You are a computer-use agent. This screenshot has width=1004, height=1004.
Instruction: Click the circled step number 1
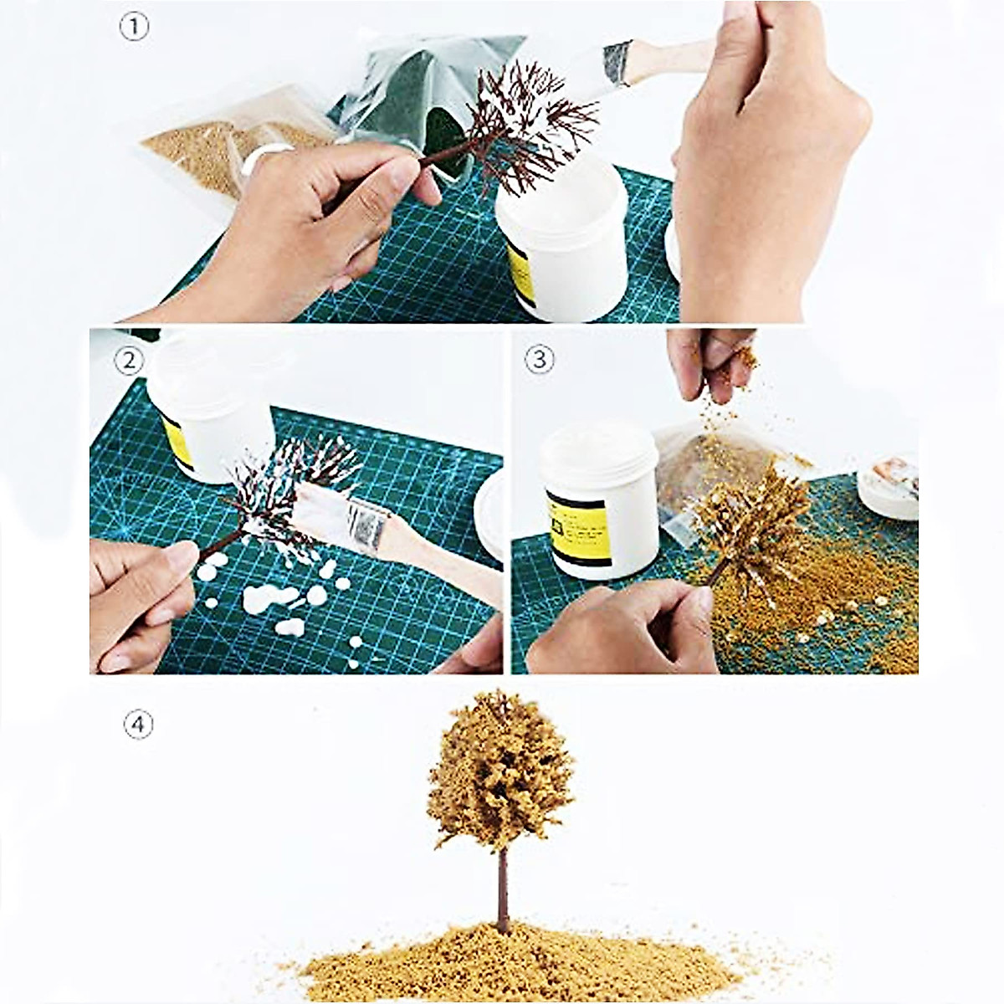pos(134,28)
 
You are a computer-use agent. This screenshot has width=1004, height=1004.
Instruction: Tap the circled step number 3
pos(540,360)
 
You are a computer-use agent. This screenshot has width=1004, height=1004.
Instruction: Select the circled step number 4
pos(138,724)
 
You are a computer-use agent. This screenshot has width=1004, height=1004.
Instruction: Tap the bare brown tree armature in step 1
pos(527,134)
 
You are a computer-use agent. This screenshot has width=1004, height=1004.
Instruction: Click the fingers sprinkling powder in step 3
pos(707,360)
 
